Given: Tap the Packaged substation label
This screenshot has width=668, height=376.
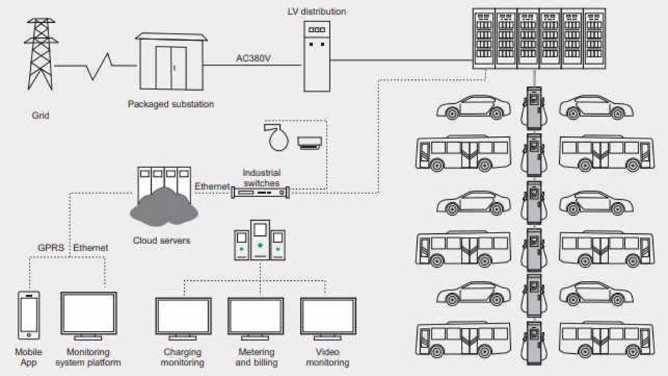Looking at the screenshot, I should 171,104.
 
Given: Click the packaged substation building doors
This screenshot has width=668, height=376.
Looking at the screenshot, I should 171,68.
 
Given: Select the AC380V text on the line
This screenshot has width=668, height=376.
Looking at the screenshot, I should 253,58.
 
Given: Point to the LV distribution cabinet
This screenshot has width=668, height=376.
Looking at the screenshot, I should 316,56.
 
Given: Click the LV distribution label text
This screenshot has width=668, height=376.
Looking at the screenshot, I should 316,12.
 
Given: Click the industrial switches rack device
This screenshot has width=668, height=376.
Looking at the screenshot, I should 260,193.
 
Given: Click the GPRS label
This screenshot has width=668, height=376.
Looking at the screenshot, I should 51,248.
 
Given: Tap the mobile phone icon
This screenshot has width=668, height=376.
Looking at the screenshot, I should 29,315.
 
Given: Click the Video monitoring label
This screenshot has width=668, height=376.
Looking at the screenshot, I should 327,357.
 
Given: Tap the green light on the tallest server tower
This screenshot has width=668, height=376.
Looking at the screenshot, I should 260,245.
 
